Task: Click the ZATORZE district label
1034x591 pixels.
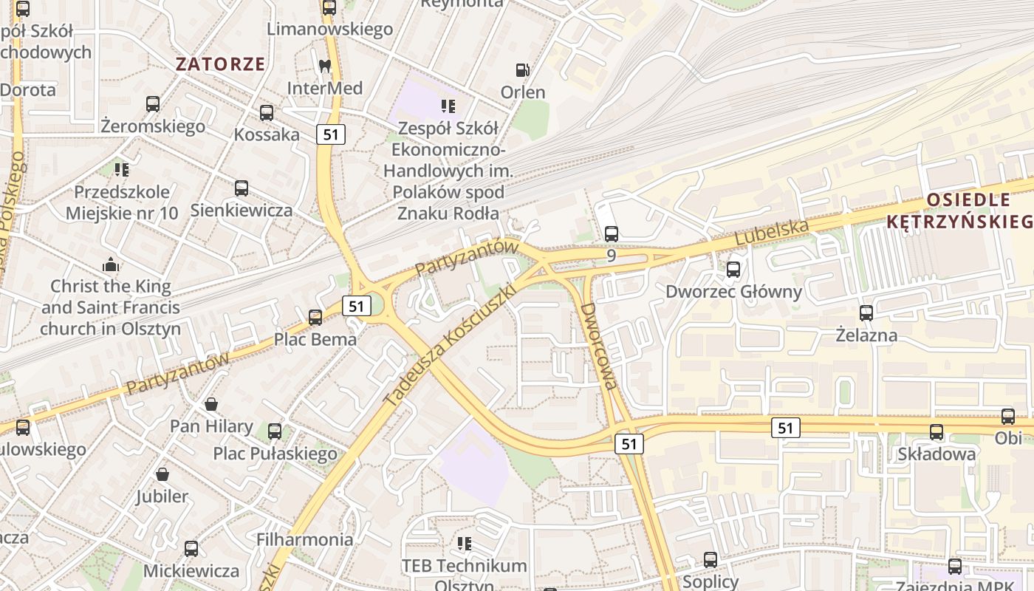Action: pyautogui.click(x=220, y=64)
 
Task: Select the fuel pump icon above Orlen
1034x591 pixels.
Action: pyautogui.click(x=522, y=70)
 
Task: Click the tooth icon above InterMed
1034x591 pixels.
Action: pyautogui.click(x=324, y=66)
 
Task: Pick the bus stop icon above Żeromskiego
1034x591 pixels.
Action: pyautogui.click(x=153, y=104)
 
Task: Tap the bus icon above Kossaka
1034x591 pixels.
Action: pyautogui.click(x=267, y=113)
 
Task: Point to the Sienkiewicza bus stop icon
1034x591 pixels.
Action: pyautogui.click(x=242, y=188)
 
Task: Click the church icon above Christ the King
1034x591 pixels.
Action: pyautogui.click(x=111, y=264)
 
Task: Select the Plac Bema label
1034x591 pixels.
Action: pyautogui.click(x=315, y=340)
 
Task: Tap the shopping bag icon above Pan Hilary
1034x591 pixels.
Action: pyautogui.click(x=211, y=404)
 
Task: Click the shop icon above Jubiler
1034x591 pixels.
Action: pyautogui.click(x=162, y=474)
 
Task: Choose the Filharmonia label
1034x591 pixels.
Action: pyautogui.click(x=304, y=539)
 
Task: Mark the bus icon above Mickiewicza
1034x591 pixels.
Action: pyautogui.click(x=191, y=549)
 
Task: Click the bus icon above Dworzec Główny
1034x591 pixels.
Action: pyautogui.click(x=733, y=270)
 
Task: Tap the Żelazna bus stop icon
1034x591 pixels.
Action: pyautogui.click(x=866, y=313)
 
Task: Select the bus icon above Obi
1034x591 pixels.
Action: pyautogui.click(x=1008, y=417)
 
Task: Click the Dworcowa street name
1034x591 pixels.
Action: pyautogui.click(x=598, y=345)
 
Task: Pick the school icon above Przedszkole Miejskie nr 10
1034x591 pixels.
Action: pyautogui.click(x=122, y=170)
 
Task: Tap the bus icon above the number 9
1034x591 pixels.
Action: pyautogui.click(x=612, y=234)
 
